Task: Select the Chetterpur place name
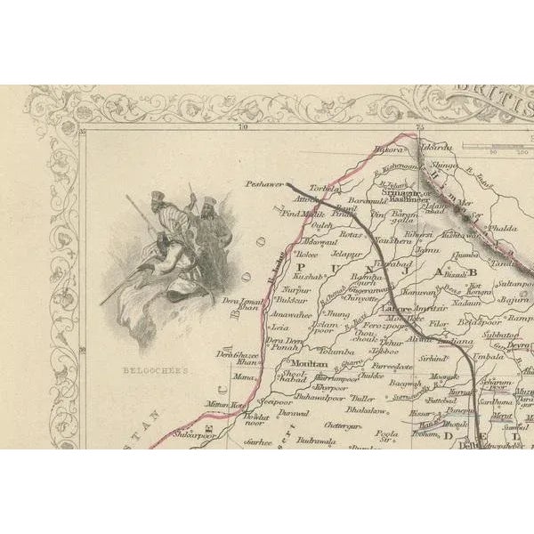pos(343,426)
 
